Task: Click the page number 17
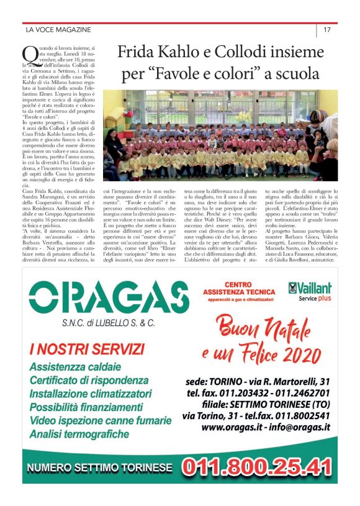pyautogui.click(x=326, y=30)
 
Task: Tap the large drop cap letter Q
pyautogui.click(x=28, y=55)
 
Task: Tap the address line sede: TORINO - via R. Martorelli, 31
pyautogui.click(x=257, y=381)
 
